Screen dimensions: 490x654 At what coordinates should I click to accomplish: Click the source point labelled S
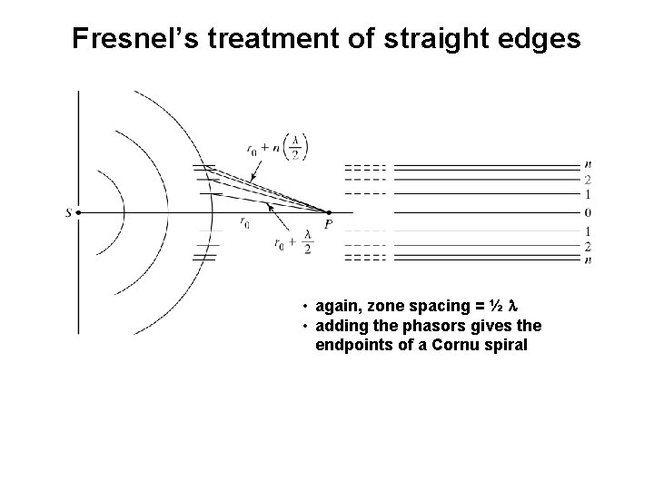pyautogui.click(x=79, y=213)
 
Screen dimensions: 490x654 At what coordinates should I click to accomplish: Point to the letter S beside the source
pyautogui.click(x=68, y=213)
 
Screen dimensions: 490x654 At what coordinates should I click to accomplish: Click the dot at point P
pyautogui.click(x=327, y=213)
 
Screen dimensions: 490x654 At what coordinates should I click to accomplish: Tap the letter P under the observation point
pyautogui.click(x=327, y=225)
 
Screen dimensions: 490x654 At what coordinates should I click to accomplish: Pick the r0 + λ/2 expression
pyautogui.click(x=292, y=243)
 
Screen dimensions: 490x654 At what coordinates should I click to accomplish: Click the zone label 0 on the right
pyautogui.click(x=589, y=213)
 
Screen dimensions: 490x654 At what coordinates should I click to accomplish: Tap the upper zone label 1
pyautogui.click(x=589, y=194)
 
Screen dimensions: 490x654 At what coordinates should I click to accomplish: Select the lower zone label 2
pyautogui.click(x=589, y=247)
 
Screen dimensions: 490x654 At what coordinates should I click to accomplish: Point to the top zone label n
pyautogui.click(x=589, y=164)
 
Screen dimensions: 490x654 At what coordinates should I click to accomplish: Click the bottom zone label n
pyautogui.click(x=589, y=260)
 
